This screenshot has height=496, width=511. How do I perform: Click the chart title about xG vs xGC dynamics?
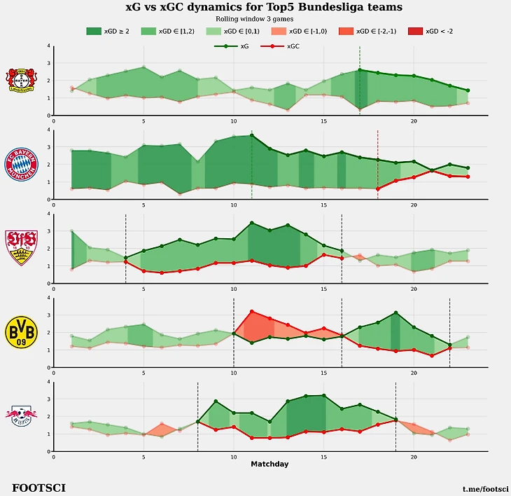[x=263, y=8]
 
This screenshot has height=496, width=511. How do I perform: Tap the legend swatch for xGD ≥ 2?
[x=94, y=32]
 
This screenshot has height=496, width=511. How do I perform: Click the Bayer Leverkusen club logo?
[x=21, y=80]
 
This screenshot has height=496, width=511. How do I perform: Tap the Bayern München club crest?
[x=21, y=164]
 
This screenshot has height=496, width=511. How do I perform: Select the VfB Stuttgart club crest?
[x=21, y=248]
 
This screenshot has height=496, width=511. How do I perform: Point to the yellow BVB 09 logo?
[x=21, y=332]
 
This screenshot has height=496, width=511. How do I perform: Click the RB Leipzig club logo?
[x=21, y=416]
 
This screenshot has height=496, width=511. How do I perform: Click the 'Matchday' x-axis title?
[x=269, y=464]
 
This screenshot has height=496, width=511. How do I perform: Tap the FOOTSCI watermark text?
[x=38, y=487]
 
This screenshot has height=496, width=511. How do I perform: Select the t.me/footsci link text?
[x=485, y=488]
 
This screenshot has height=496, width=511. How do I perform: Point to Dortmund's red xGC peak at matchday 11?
[x=252, y=311]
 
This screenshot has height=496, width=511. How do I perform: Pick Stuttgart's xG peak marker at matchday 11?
[x=252, y=223]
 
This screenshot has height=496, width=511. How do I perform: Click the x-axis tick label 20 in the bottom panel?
[x=414, y=457]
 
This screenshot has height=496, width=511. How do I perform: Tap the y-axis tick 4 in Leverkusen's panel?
[x=48, y=46]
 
